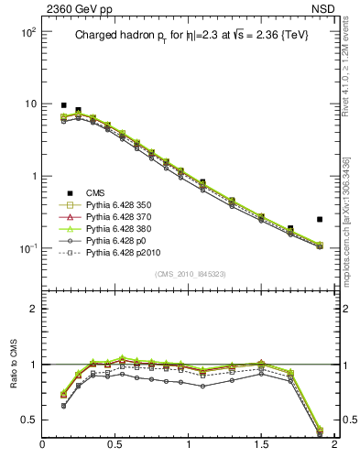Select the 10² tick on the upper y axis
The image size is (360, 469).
28,32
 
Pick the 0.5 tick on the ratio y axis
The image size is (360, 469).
28,420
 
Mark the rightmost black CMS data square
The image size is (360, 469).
320,220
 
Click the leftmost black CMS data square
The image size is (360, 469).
63,105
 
